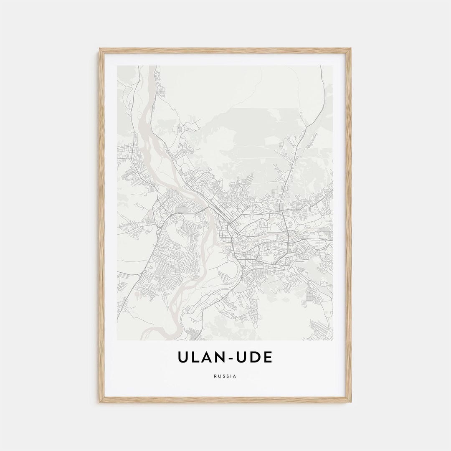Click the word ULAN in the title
pos(200,357)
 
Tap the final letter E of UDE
pos(267,357)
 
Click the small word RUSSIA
pos(225,376)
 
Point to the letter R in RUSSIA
pos(215,376)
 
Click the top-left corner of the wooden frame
pos(100,49)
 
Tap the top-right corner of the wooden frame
pos(350,49)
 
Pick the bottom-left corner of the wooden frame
pos(100,402)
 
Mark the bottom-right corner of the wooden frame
pos(350,402)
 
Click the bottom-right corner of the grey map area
pos(332,340)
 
